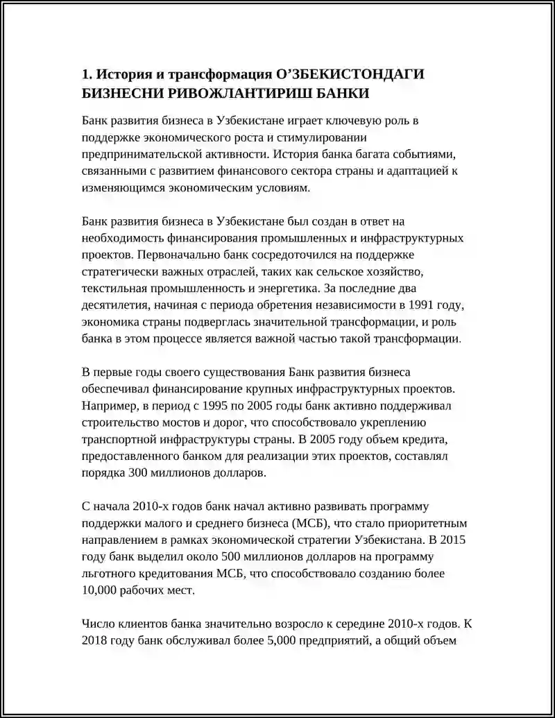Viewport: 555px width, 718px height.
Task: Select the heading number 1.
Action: [86, 74]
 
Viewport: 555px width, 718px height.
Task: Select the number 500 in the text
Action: [233, 557]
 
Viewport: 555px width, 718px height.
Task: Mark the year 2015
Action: [456, 540]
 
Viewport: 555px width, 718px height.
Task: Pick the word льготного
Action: [108, 574]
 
